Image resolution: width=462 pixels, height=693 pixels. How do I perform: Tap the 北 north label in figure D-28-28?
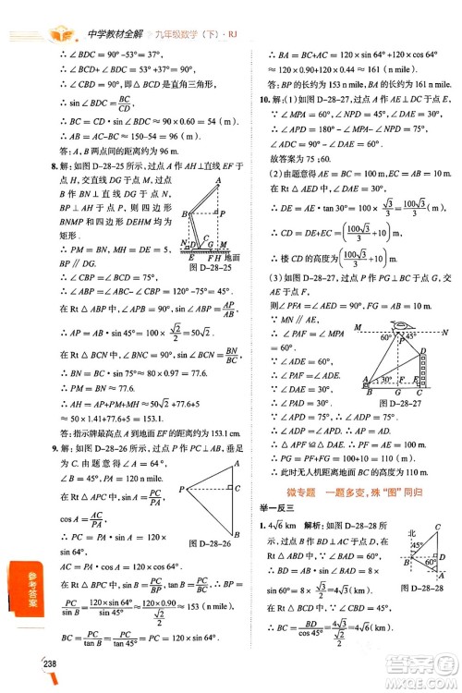point(410,533)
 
